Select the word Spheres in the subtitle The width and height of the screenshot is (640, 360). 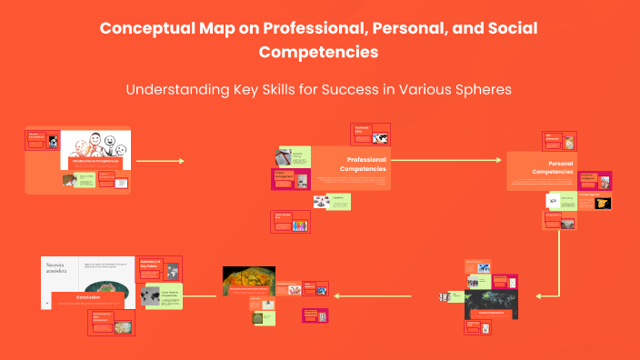482,90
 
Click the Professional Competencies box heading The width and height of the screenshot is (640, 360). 363,164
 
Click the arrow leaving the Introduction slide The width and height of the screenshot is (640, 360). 160,161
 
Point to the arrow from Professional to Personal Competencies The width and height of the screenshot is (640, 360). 446,160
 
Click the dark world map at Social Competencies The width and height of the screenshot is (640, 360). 491,295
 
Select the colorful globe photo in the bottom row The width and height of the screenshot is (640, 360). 248,281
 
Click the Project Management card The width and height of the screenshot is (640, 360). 291,175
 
